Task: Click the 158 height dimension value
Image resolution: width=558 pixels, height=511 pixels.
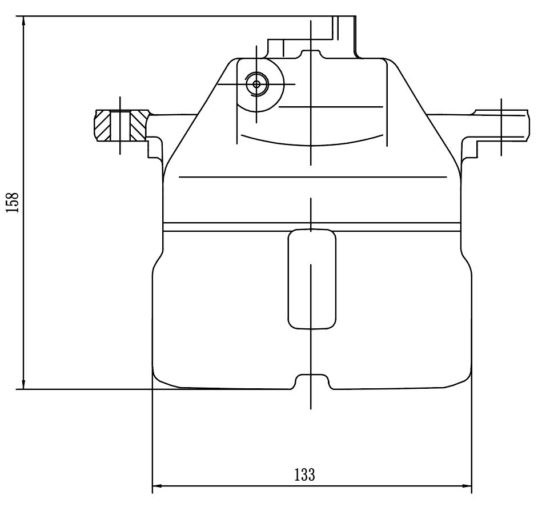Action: point(13,202)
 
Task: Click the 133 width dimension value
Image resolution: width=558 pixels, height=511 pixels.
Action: point(305,474)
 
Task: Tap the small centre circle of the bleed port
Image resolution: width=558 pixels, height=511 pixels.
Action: point(256,85)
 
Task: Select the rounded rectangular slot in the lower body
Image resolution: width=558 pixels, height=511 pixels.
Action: point(312,279)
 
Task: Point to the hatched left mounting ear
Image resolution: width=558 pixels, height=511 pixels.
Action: point(121,125)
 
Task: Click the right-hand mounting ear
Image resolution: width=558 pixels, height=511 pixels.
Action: point(502,125)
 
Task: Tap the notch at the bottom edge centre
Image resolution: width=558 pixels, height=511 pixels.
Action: point(312,381)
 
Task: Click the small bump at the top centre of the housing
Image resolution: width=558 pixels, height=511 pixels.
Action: point(311,54)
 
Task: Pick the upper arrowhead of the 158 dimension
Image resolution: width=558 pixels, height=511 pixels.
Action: point(23,21)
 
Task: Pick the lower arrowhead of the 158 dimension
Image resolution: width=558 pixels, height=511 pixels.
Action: point(23,384)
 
